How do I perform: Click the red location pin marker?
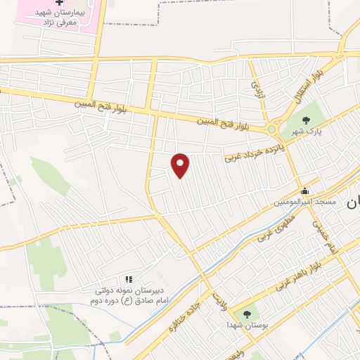pos(181,165)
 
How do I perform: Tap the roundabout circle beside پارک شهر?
pos(272,129)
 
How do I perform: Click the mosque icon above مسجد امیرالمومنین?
pos(304,191)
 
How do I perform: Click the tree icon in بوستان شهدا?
pos(247,314)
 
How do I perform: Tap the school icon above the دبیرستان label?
pos(128,280)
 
